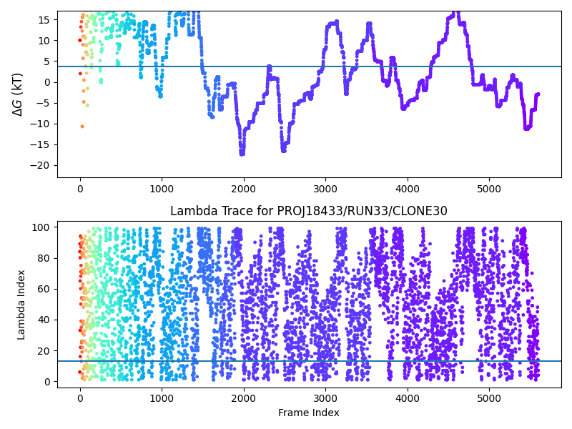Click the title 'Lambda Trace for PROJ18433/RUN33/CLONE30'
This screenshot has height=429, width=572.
(x=309, y=211)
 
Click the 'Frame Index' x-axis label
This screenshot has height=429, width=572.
(x=309, y=413)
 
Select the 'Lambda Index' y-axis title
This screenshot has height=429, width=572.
(x=21, y=305)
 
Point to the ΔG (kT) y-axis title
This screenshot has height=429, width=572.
(x=17, y=94)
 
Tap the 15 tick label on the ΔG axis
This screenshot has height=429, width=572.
(x=44, y=20)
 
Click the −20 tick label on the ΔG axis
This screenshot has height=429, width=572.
(x=39, y=165)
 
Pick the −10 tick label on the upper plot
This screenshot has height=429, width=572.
(x=39, y=124)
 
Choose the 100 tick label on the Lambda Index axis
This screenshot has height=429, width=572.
(x=41, y=227)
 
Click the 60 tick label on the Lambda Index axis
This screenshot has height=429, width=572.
(x=44, y=289)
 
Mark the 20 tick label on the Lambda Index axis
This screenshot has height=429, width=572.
(x=44, y=350)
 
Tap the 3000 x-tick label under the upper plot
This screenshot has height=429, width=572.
(x=325, y=189)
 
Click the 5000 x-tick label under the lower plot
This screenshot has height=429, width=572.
(x=489, y=398)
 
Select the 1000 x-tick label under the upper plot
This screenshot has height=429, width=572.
(x=162, y=189)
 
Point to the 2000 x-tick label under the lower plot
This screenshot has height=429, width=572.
(x=244, y=398)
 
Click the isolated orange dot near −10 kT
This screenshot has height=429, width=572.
(x=82, y=127)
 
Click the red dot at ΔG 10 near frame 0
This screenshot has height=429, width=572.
(x=80, y=41)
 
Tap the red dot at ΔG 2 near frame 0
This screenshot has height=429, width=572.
(x=80, y=74)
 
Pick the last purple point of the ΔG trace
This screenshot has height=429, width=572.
(x=538, y=94)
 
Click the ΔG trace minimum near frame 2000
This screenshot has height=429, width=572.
(x=242, y=154)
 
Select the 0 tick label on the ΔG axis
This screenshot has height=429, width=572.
(x=47, y=82)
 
